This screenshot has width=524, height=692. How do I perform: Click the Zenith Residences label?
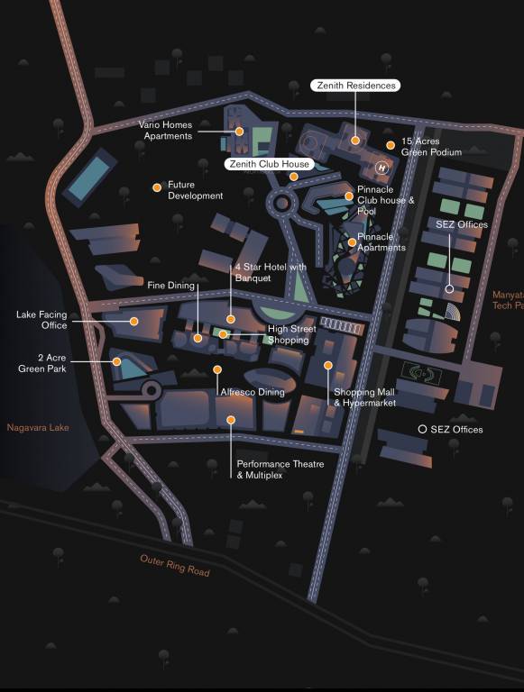click(x=354, y=86)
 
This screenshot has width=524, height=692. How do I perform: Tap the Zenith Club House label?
click(x=269, y=164)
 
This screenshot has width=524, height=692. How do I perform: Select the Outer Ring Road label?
click(x=175, y=566)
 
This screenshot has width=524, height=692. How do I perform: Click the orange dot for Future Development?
click(x=157, y=187)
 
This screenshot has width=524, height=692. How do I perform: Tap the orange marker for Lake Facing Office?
click(x=133, y=321)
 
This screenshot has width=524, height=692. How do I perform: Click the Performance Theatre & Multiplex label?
click(x=280, y=469)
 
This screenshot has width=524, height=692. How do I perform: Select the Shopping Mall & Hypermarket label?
click(x=364, y=397)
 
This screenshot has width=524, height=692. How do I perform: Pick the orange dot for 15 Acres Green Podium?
click(x=391, y=144)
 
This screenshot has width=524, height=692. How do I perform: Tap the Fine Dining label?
click(x=171, y=286)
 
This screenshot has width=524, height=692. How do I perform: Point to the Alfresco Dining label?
click(x=253, y=392)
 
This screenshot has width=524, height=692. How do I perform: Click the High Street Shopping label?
click(x=291, y=335)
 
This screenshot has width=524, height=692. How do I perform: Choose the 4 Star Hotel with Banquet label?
click(x=271, y=273)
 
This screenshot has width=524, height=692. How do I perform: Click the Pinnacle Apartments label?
click(x=382, y=242)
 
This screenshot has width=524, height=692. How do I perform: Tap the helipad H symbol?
click(x=382, y=167)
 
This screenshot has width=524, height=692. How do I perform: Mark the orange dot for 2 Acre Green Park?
click(x=116, y=362)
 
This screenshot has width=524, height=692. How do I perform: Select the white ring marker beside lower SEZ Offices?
click(x=422, y=430)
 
